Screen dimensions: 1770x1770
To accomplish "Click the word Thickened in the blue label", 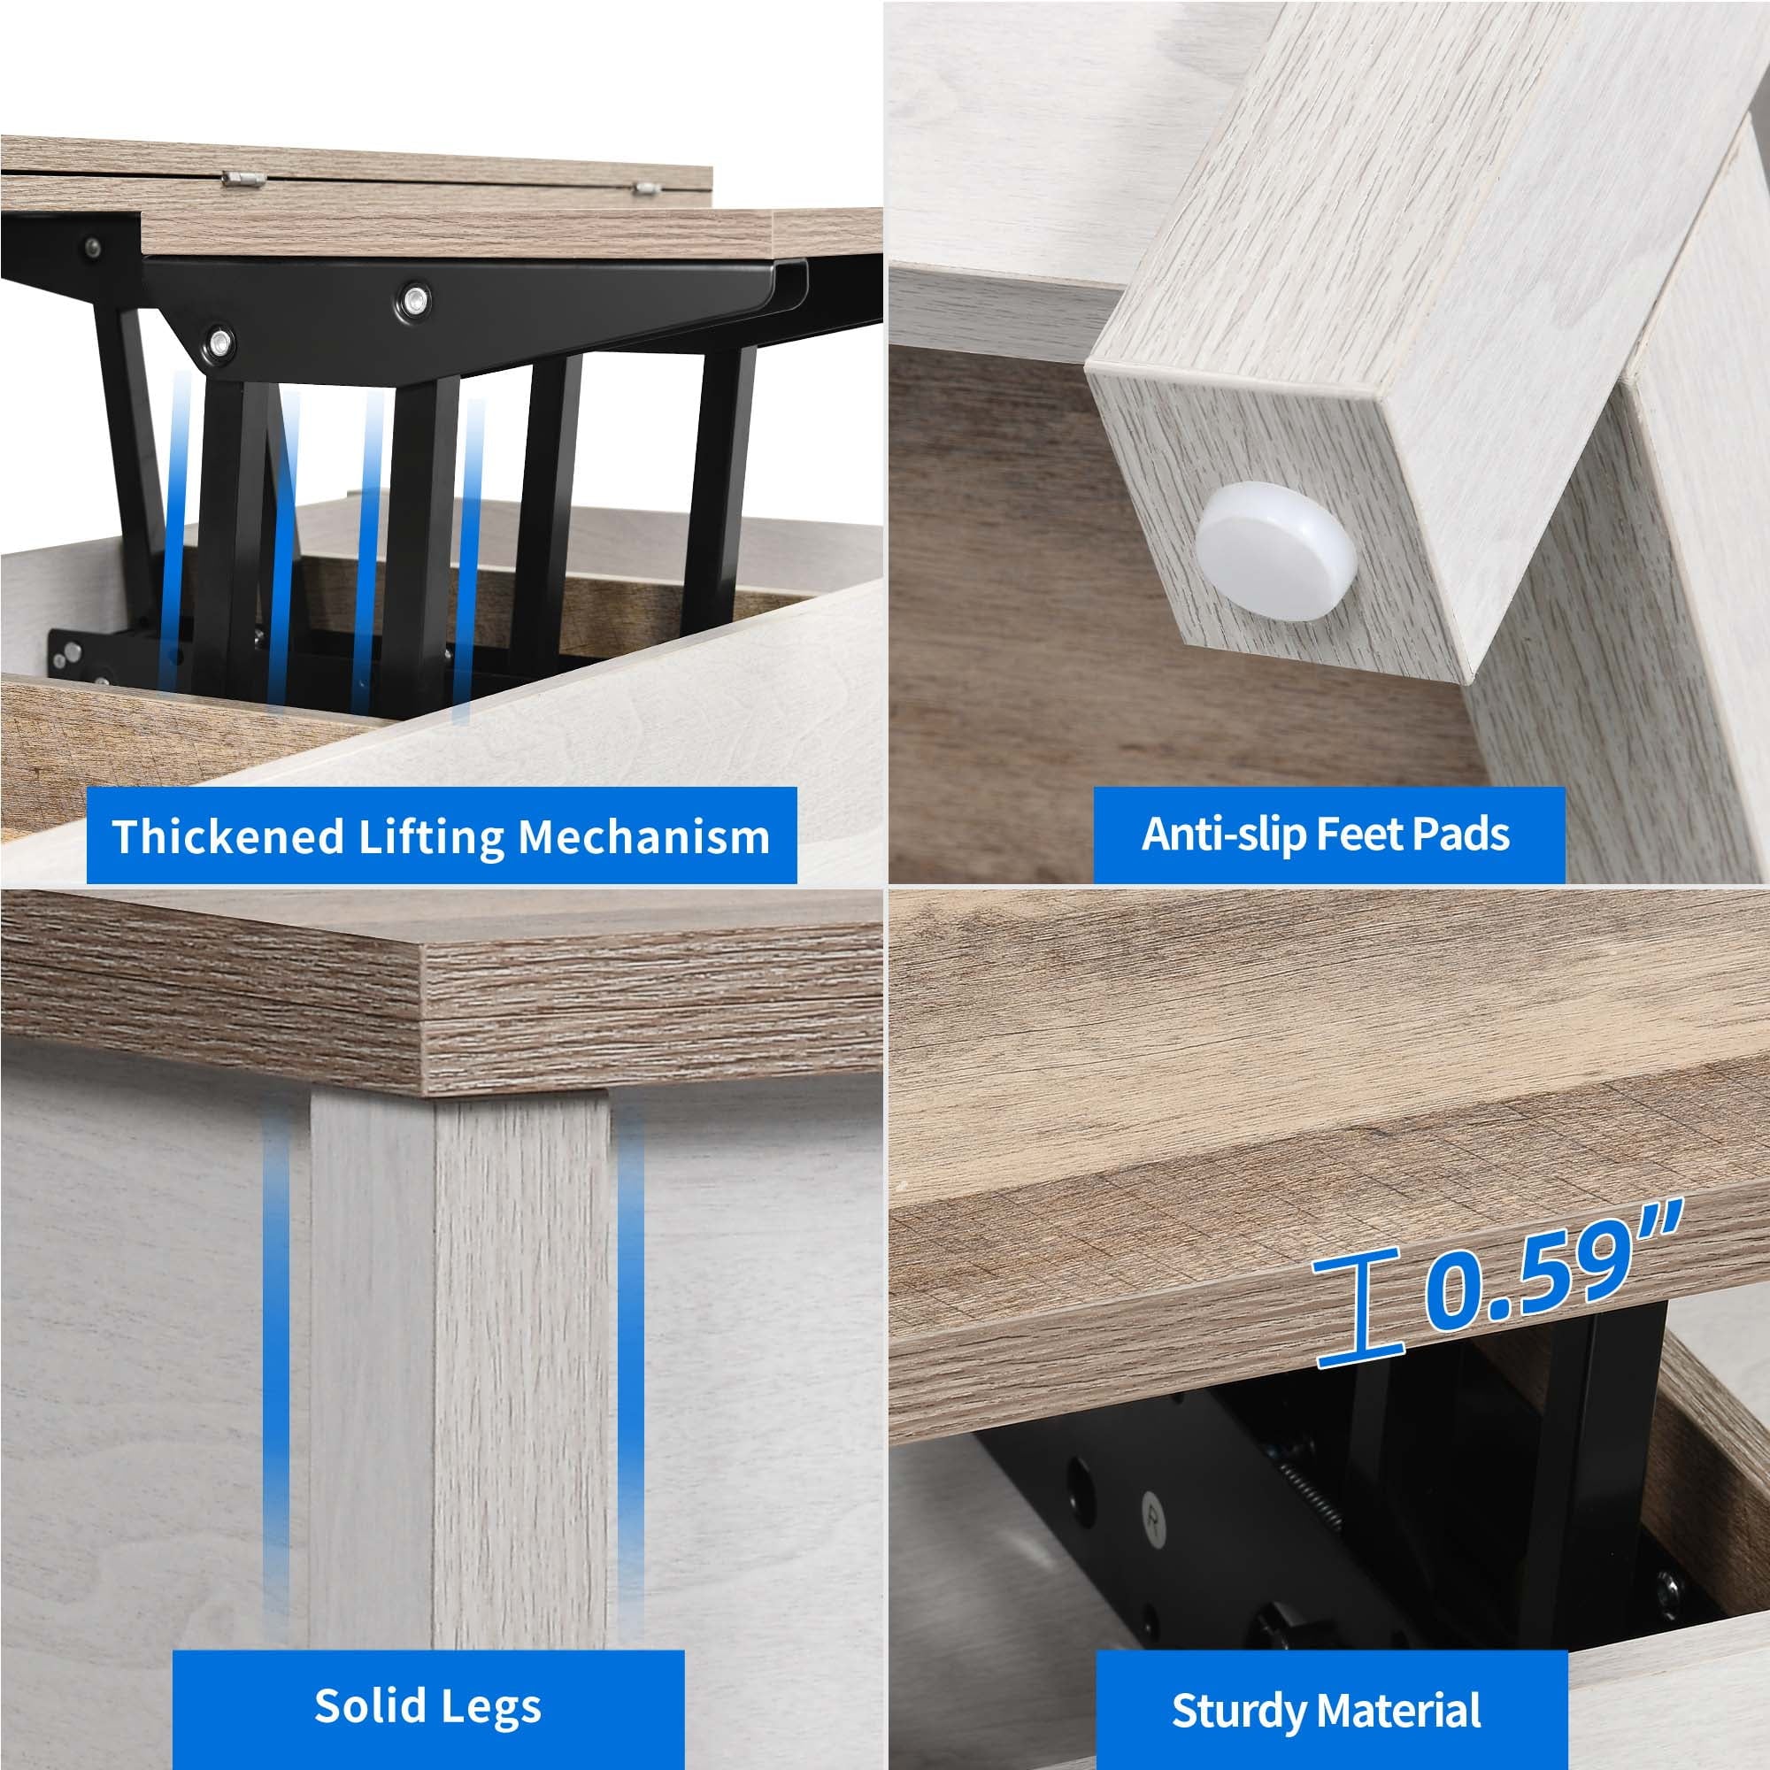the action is click(x=227, y=836).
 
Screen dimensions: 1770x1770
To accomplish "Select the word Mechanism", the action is click(x=644, y=836).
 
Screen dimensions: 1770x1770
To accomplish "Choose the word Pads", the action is click(x=1460, y=833).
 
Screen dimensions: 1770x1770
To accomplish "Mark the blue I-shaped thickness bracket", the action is click(x=1358, y=1308).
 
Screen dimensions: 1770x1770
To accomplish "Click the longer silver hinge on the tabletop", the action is click(x=242, y=179).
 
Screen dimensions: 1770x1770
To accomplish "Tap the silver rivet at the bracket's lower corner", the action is click(x=219, y=343).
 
